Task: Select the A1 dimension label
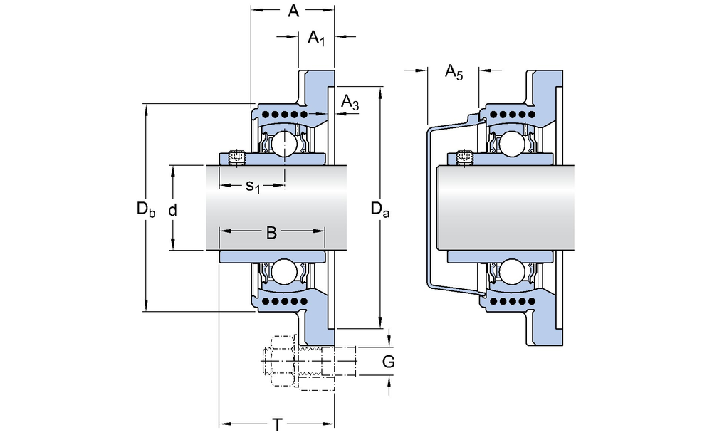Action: coord(316,39)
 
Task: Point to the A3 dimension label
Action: coord(350,103)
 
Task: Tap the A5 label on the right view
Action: coord(454,70)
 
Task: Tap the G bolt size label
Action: coord(388,362)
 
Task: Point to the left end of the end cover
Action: coord(428,206)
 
